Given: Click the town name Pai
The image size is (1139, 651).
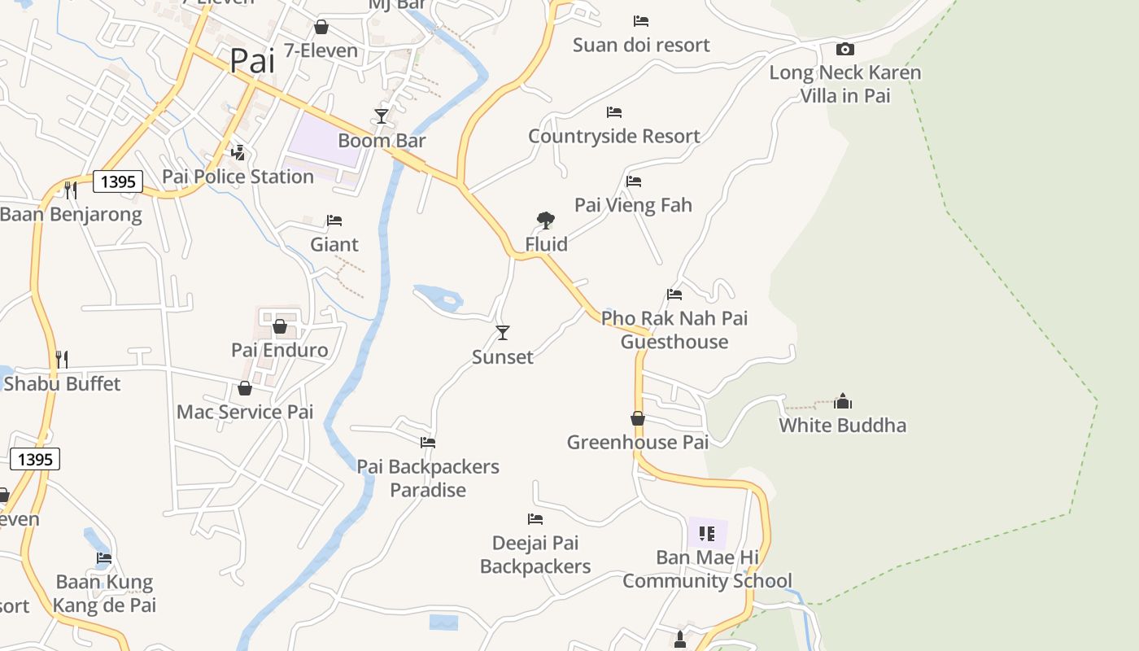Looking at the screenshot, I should pos(252,61).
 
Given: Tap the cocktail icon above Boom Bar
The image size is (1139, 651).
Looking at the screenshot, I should pos(381,116).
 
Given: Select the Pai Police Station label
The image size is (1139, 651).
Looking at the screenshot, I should pos(238,177).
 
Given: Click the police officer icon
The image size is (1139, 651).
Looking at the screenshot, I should pos(238,152).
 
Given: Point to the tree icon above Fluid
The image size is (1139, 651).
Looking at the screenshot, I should pos(546,220).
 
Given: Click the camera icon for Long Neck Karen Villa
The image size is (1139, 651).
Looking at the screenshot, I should pos(845,49).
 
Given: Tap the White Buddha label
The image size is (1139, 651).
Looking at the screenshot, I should pos(842,425).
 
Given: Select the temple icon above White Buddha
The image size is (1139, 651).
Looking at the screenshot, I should pos(843,400).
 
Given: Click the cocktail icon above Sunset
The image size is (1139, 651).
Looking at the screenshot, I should pos(503,332).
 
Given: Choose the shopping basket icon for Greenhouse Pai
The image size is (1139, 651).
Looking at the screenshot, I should pos(638,418).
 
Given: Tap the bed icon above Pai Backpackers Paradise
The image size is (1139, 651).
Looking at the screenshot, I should pos(428,443).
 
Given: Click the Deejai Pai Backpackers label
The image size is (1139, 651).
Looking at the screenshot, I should pos(535,554).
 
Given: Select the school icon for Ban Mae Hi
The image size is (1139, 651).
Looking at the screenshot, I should pos(707,534).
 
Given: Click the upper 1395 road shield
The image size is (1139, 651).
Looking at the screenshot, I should pos(118,181).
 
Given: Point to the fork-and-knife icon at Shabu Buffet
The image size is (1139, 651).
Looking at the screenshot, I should pos(61,359).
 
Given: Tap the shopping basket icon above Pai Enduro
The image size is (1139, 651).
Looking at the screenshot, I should pos(280,326).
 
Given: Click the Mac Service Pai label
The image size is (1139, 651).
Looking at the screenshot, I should pos(245,412).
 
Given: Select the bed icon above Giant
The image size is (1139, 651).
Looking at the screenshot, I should pos(334,221).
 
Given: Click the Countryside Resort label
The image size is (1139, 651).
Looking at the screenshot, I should pos(614,136).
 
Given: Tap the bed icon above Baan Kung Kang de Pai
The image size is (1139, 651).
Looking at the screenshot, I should pos(104,558).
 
